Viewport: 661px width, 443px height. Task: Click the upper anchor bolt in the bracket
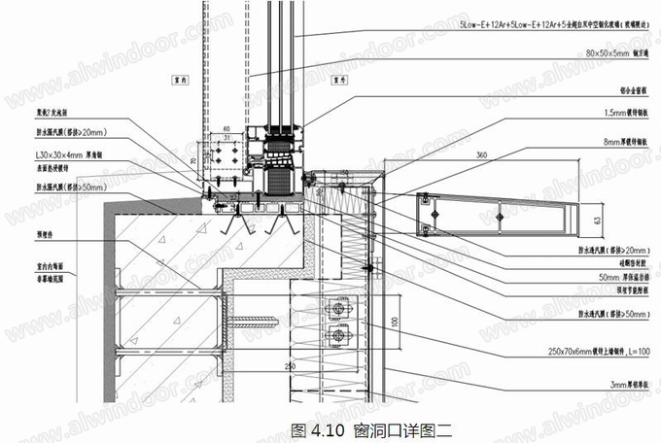pos(338,308)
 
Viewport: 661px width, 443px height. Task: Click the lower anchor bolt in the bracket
pos(338,336)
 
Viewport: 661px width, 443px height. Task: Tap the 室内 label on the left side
pos(178,71)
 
